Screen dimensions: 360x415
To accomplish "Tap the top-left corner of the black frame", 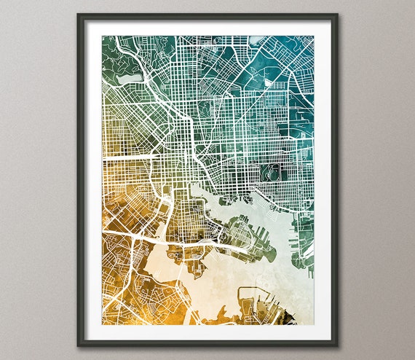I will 79,15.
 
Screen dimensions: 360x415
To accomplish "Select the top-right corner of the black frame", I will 336,15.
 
